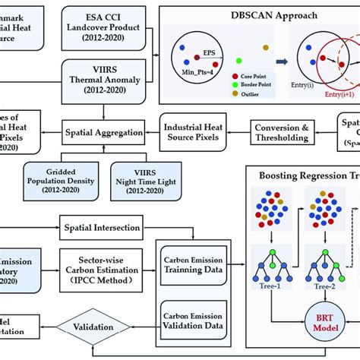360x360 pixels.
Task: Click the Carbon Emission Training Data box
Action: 194,264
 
